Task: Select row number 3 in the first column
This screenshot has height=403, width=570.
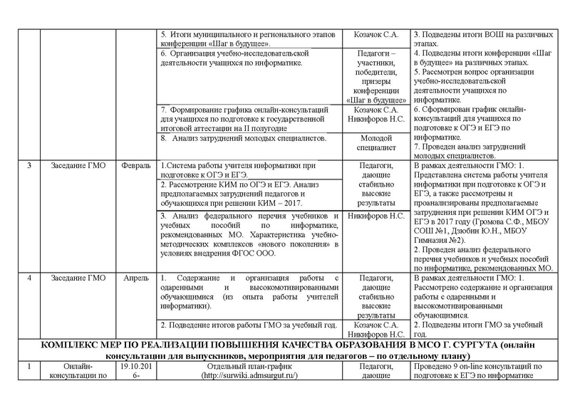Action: point(29,166)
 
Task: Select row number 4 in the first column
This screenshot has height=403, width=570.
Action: point(29,277)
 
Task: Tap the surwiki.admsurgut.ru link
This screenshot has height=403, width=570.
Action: point(249,375)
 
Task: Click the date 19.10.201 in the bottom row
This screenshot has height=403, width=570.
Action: point(135,366)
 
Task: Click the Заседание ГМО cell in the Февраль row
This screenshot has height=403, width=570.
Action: point(78,166)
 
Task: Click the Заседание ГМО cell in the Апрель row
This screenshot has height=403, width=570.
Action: point(78,277)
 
